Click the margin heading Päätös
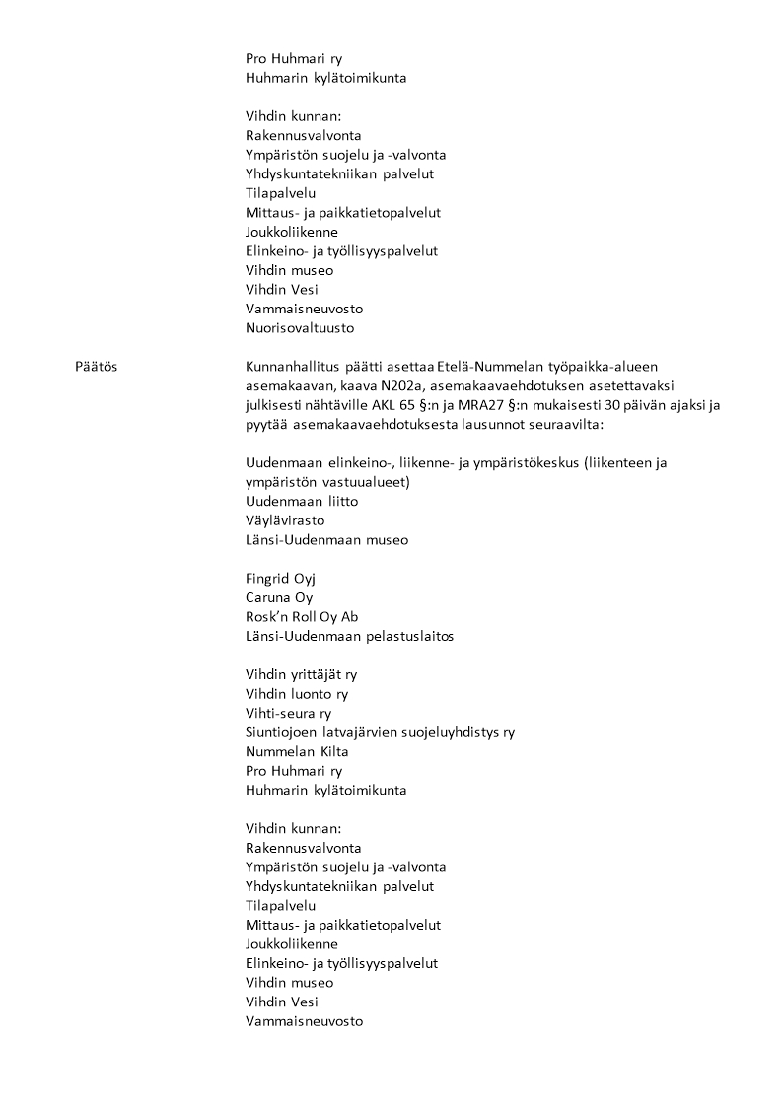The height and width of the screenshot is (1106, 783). [96, 367]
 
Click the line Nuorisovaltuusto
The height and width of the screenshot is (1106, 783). [299, 328]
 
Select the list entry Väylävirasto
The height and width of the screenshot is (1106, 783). [285, 520]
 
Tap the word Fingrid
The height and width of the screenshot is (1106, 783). [267, 579]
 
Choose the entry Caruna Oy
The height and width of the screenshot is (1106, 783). [279, 597]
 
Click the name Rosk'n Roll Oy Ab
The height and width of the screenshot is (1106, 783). [302, 617]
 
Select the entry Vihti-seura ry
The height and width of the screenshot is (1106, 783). [288, 713]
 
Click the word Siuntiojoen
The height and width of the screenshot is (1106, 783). [284, 732]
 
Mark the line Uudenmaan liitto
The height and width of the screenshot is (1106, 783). [288, 502]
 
